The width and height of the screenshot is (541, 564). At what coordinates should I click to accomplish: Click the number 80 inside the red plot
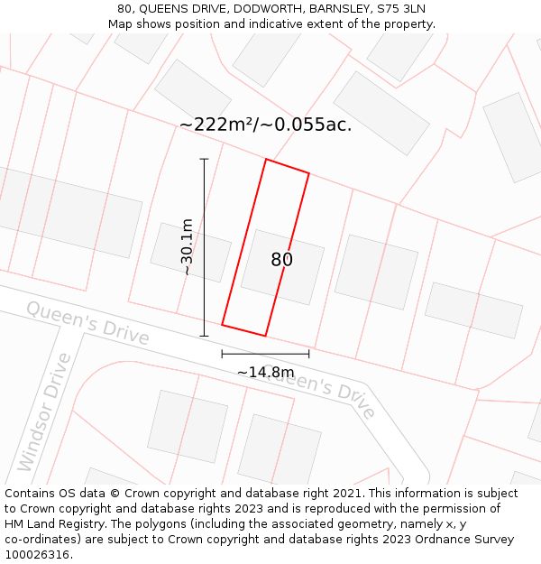(281, 260)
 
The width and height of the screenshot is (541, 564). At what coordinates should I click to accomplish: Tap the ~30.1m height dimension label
(187, 246)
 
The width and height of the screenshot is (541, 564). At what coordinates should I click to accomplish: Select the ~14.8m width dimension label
(265, 372)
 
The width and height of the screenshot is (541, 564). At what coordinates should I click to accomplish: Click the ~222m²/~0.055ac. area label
(265, 125)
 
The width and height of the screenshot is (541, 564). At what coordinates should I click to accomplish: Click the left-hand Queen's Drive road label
(87, 322)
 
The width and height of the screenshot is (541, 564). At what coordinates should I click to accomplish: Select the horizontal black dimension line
(265, 354)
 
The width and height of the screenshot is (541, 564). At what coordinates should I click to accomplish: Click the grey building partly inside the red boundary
(282, 266)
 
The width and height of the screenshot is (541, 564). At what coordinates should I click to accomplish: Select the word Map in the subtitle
(120, 24)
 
